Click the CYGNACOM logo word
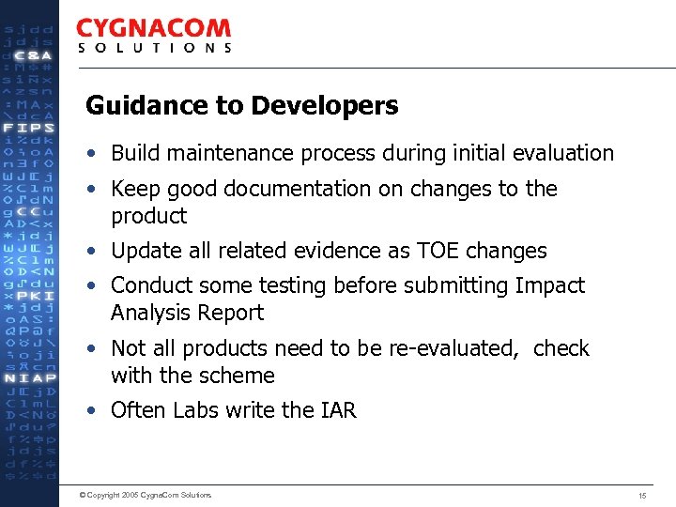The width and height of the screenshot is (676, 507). (153, 29)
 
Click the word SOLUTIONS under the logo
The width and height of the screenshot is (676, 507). (154, 48)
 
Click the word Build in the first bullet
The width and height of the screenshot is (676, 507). (133, 153)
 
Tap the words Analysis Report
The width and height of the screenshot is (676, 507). (187, 313)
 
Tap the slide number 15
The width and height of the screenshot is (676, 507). (642, 495)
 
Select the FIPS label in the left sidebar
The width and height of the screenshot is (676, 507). (29, 127)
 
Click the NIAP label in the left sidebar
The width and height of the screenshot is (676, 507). (29, 377)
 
